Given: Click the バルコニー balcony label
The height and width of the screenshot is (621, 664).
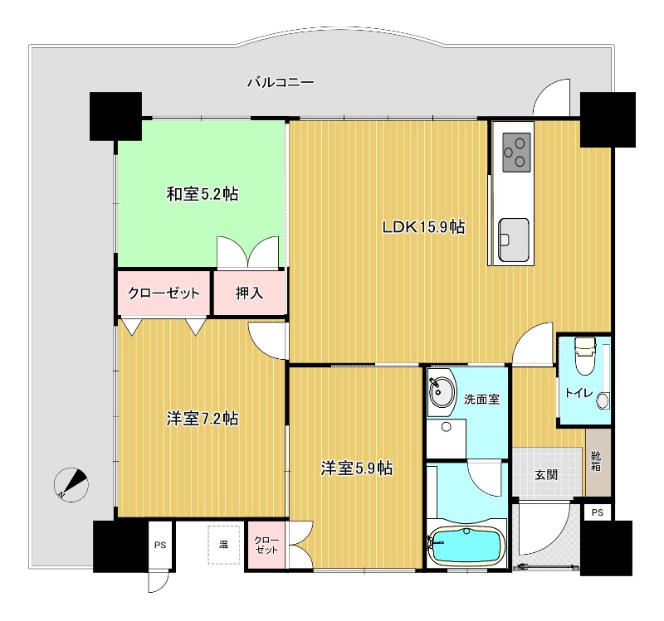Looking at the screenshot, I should [280, 82].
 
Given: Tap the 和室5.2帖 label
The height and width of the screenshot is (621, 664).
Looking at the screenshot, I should [203, 194].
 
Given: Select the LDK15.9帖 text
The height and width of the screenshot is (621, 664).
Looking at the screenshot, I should [422, 227].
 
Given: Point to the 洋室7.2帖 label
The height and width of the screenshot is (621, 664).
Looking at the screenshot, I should [203, 419].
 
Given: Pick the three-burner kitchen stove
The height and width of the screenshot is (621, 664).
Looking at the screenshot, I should [518, 152].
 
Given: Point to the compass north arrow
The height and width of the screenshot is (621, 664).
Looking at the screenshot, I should [71, 484].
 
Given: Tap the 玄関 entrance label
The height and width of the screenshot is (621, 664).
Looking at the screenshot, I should [545, 475].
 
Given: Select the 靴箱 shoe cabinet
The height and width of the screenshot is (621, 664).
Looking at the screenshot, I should [597, 462].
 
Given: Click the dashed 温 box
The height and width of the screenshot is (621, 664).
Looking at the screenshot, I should [223, 545].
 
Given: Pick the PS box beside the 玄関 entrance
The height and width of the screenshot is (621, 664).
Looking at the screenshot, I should [597, 513].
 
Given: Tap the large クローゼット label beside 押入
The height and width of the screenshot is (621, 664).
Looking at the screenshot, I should [164, 293].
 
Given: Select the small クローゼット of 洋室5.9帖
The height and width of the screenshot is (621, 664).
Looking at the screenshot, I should [266, 545].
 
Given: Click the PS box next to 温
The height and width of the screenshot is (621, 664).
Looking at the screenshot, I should [160, 546].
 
